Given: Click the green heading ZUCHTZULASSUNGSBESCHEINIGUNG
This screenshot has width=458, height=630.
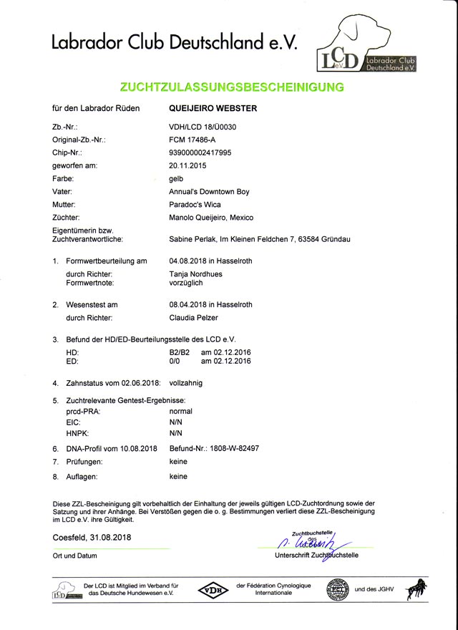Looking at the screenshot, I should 231,87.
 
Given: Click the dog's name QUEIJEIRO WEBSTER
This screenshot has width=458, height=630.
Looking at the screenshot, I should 213,110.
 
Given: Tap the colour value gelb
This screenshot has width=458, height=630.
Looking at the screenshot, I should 175,179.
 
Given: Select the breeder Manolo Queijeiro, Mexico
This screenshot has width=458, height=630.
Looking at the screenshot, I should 211,217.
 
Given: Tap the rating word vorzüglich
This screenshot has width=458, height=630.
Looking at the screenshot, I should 185,283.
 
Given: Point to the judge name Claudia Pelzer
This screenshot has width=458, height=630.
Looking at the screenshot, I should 194,317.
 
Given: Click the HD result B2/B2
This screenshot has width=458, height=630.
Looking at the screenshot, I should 180,352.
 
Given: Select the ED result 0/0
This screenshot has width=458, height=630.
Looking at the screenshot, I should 174,362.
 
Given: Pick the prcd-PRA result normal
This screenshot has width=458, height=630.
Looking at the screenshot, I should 180,412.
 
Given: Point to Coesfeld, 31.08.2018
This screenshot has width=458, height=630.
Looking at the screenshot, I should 92,537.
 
